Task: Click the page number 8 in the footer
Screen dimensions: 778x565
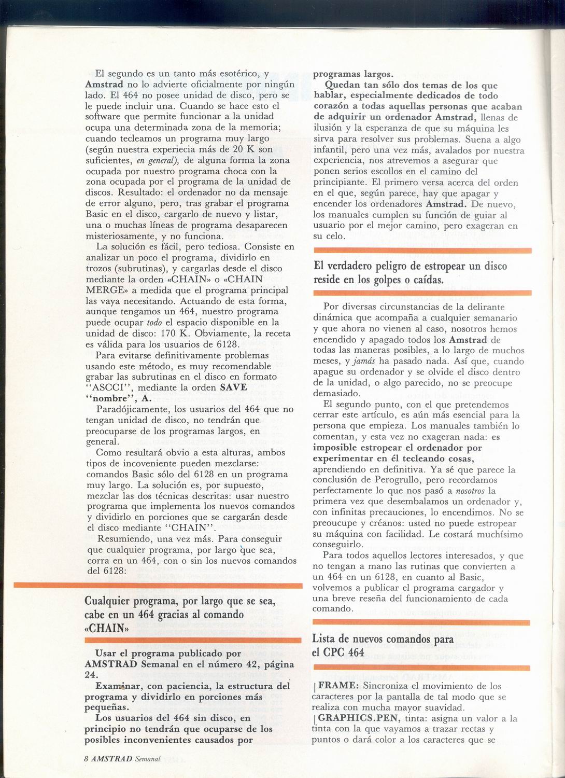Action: click(86, 758)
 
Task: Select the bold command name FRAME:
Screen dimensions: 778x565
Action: click(336, 686)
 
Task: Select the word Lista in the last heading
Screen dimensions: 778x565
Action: click(325, 640)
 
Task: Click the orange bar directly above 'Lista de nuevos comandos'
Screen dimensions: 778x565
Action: click(422, 622)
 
